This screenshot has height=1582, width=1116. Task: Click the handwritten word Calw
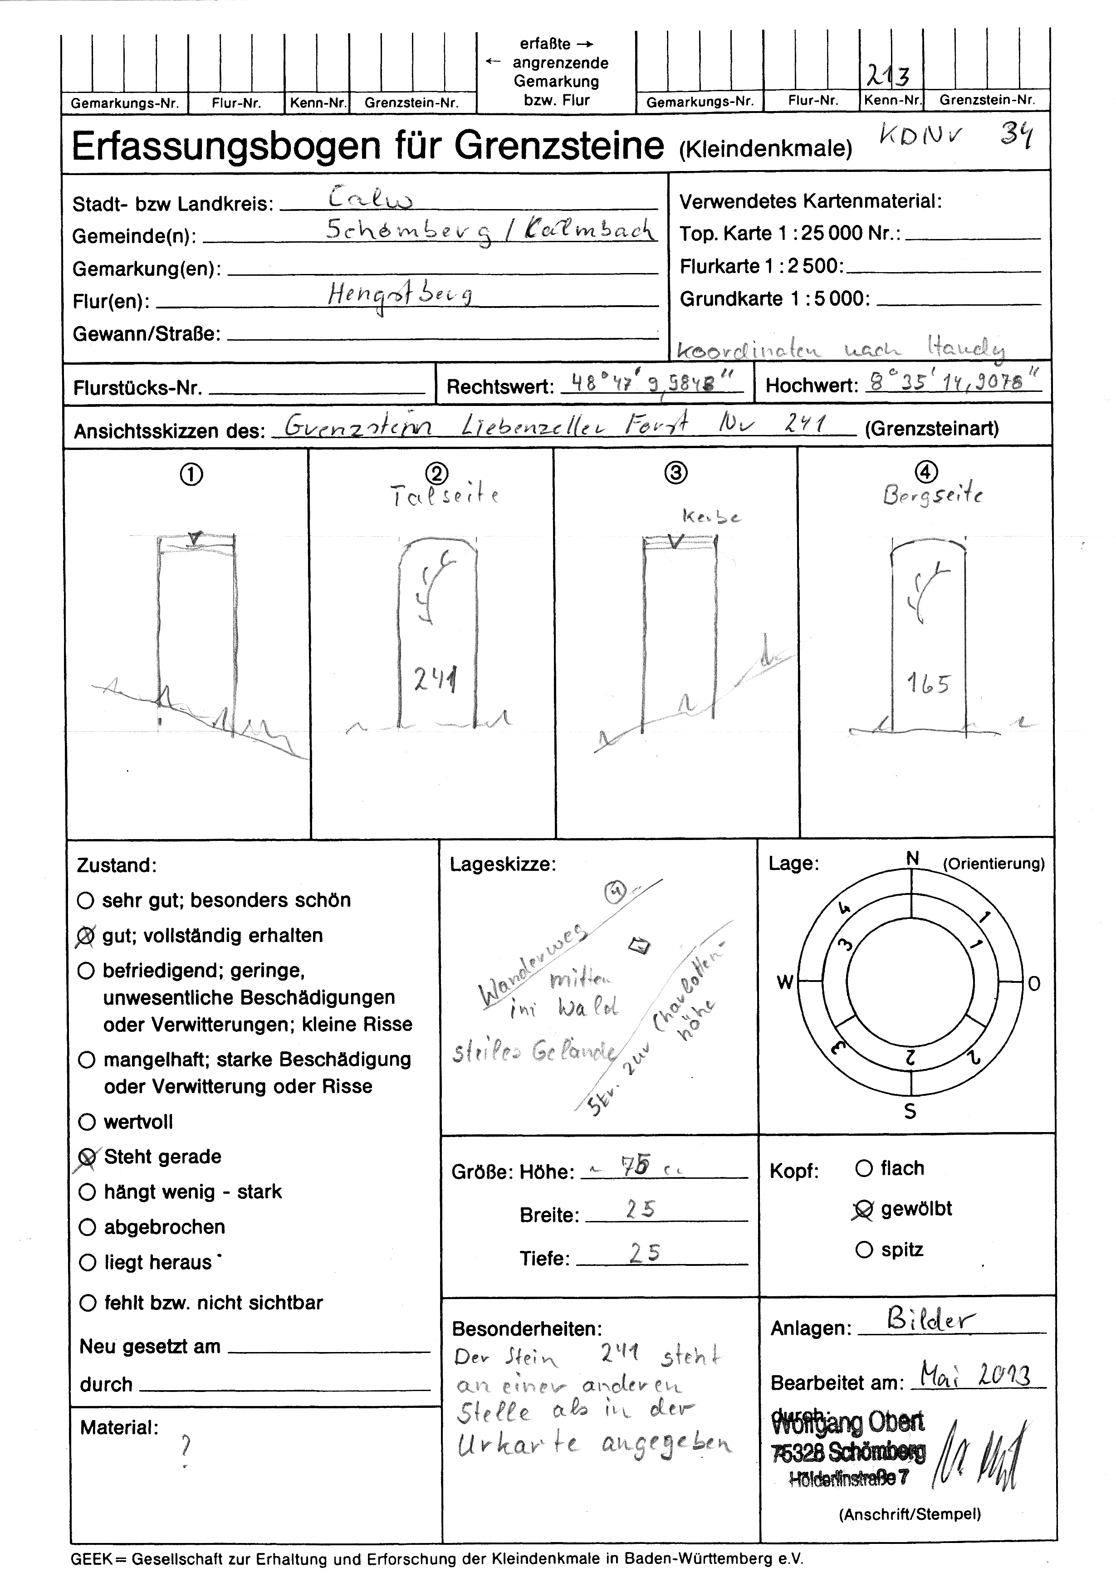(x=371, y=199)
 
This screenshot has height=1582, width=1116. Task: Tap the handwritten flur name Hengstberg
(x=400, y=296)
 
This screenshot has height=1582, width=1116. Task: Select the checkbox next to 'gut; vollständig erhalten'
(x=87, y=936)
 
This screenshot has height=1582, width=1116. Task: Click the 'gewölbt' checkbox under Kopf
(x=863, y=1209)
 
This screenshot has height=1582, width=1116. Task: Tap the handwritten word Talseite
(x=445, y=495)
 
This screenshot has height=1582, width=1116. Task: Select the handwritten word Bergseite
(x=933, y=495)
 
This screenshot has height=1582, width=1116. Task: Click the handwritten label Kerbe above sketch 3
(x=711, y=517)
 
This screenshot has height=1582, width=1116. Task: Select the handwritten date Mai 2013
(x=975, y=1377)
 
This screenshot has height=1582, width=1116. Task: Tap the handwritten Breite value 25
(x=640, y=1209)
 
